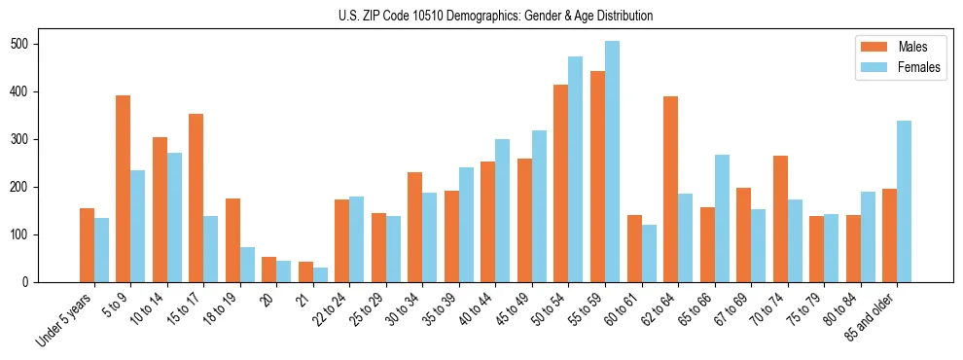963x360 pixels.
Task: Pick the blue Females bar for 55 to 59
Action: click(612, 162)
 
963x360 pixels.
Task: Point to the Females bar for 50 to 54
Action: click(576, 169)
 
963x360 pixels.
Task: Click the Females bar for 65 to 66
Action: click(722, 218)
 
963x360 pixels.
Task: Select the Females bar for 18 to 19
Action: click(247, 265)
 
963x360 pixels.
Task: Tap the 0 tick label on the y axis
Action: click(32, 282)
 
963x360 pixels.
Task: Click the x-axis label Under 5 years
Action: click(65, 318)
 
